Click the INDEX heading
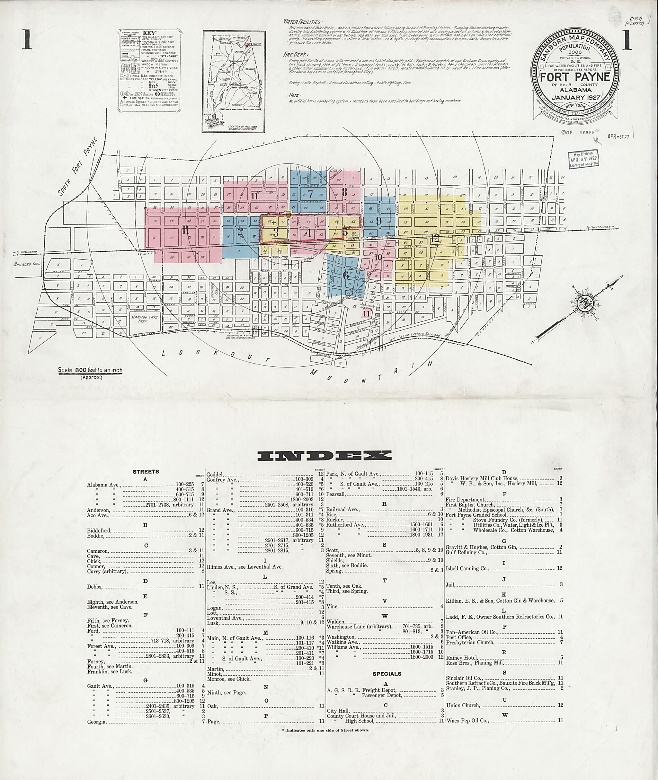coord(329,455)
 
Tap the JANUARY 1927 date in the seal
coord(575,98)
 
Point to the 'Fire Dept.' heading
coord(294,54)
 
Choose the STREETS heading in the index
coord(146,472)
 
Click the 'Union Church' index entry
coord(463,705)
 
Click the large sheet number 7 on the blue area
coord(310,194)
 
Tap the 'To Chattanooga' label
coord(598,227)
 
